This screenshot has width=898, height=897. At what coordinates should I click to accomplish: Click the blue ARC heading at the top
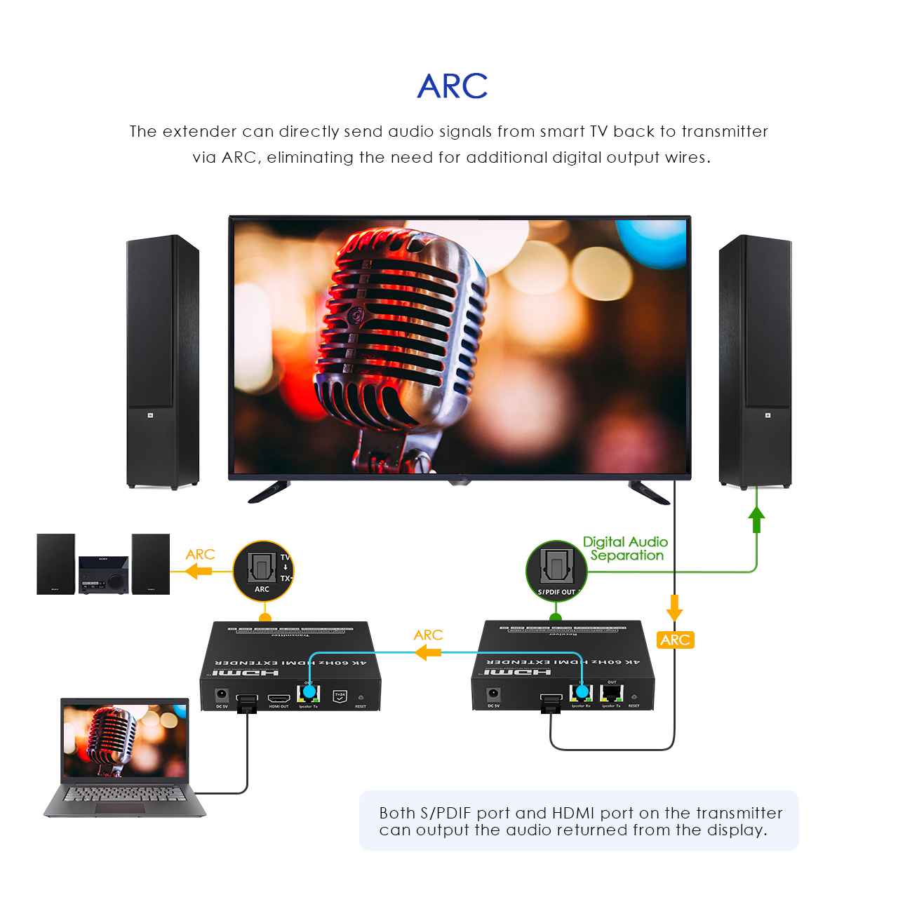click(452, 86)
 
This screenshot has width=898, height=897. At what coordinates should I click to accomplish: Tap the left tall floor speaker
click(162, 362)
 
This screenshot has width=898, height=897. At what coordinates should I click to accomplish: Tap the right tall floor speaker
click(755, 362)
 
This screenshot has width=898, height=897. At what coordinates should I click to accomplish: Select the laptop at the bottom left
click(125, 757)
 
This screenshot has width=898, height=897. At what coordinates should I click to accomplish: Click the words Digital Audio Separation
click(625, 548)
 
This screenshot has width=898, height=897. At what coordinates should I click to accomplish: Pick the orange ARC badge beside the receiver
click(675, 640)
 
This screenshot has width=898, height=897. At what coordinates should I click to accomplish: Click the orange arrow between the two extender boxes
click(427, 653)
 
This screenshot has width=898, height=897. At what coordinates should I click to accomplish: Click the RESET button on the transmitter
click(361, 699)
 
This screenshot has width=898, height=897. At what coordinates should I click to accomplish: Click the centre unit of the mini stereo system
click(103, 575)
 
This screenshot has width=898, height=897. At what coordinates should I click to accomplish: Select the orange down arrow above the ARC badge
click(674, 607)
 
